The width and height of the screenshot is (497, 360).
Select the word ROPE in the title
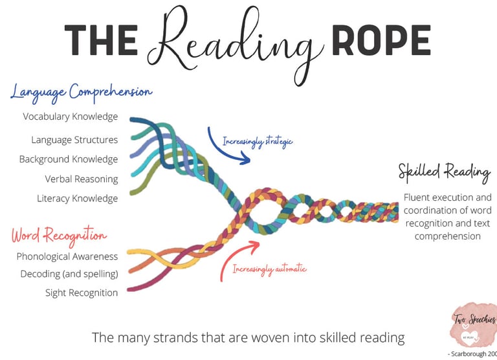click(380, 40)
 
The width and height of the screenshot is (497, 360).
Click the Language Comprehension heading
click(81, 92)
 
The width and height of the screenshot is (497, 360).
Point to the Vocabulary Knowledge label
click(71, 117)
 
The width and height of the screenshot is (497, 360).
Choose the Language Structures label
click(74, 140)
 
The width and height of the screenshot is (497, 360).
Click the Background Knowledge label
click(69, 159)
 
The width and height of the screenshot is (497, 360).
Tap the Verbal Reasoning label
click(82, 179)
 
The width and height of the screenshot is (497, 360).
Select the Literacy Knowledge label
click(78, 199)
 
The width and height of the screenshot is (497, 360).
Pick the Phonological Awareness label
click(67, 256)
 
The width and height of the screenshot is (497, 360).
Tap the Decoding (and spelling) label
click(69, 274)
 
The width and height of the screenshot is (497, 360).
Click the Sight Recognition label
click(82, 293)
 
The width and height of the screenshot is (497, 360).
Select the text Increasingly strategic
click(258, 141)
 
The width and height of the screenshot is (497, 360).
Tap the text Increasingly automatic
click(269, 268)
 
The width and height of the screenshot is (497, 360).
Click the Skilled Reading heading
click(444, 172)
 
